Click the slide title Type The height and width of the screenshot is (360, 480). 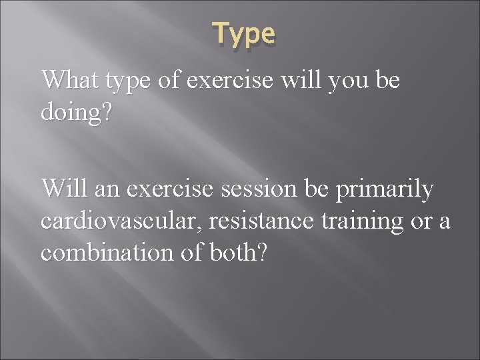tap(243, 33)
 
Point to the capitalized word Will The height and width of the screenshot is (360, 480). tap(65, 189)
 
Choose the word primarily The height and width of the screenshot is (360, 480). tap(386, 190)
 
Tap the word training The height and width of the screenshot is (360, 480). tap(374, 221)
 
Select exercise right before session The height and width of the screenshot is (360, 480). tap(166, 189)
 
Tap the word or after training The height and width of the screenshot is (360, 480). tap(421, 220)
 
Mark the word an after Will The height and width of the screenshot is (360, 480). tap(105, 189)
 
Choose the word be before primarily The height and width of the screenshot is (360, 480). tap(319, 189)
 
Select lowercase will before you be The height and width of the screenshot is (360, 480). tap(300, 80)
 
